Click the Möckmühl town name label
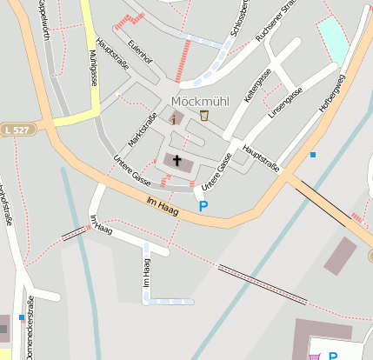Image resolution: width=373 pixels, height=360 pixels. [200, 100]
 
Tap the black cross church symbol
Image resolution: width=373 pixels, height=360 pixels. [177, 161]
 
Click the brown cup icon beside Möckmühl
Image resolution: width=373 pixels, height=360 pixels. [204, 116]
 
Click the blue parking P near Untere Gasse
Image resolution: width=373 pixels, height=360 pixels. [203, 206]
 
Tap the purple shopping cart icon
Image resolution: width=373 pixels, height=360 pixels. [314, 355]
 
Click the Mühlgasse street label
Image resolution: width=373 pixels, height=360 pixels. [92, 67]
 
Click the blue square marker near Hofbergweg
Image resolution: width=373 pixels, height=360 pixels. [313, 155]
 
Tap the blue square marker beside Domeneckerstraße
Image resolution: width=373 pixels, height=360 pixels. [22, 317]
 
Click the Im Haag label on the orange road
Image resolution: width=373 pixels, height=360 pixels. [162, 205]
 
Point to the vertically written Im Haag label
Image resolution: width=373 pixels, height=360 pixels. [146, 272]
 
